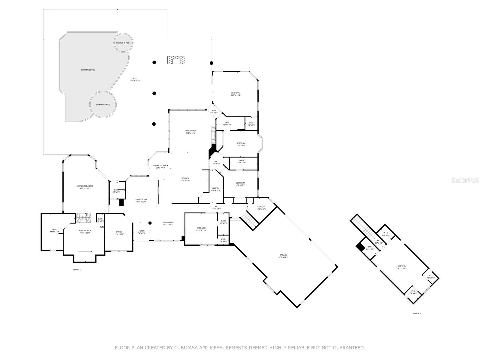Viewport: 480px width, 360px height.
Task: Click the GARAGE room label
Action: click(x=283, y=255)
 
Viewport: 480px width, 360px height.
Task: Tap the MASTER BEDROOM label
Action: click(x=85, y=186)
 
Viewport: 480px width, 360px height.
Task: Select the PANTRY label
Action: click(x=216, y=188)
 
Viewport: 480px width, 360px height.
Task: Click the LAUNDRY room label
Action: click(x=261, y=207)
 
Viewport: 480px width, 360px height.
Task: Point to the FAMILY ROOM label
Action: click(x=190, y=131)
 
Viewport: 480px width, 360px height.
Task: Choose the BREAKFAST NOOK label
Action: click(x=160, y=166)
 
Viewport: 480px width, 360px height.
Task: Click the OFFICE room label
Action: click(x=119, y=232)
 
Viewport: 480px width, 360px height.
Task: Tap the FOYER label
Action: click(x=141, y=231)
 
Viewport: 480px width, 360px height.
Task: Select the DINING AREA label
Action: click(x=168, y=222)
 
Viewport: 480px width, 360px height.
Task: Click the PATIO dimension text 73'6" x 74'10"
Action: click(x=135, y=81)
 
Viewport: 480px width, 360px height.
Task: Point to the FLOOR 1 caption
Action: click(x=77, y=270)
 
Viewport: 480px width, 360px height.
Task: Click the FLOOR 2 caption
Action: click(x=417, y=313)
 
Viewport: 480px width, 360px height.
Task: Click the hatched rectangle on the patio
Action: click(x=176, y=60)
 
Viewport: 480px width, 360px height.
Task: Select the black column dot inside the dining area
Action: click(x=150, y=223)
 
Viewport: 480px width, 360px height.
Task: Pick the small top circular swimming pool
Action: click(x=123, y=43)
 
